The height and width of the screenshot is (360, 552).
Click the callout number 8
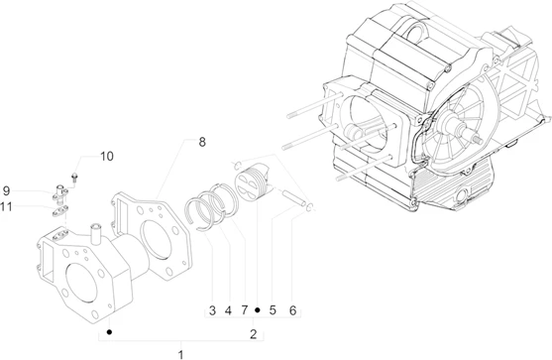coord(202,142)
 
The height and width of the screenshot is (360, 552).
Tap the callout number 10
coord(107,157)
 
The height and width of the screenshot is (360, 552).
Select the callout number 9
coord(6,191)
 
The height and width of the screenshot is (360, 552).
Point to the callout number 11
coord(6,206)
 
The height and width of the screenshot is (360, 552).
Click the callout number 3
coord(212,310)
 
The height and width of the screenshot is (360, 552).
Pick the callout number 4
coord(229,310)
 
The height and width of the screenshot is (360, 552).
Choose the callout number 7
coord(245,310)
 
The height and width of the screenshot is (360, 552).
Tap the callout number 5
coord(273,310)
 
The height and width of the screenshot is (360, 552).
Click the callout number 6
coord(293,310)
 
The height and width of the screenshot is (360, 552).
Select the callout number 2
coord(254,334)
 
